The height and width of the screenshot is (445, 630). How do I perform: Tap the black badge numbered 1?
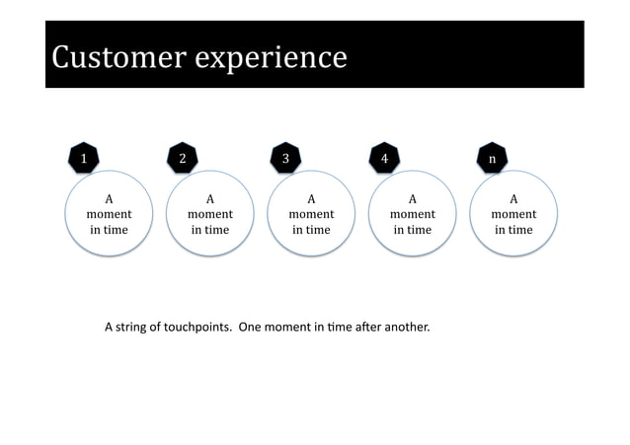(84, 158)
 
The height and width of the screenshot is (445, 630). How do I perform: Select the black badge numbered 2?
(183, 158)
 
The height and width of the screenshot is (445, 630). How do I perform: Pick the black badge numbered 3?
(285, 158)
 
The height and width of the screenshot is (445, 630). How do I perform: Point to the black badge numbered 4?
(385, 158)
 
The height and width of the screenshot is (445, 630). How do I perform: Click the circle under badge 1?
(109, 214)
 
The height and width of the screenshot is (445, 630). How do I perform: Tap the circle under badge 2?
(210, 214)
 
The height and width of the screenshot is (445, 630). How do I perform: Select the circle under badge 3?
(311, 214)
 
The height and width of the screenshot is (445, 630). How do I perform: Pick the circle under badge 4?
(413, 214)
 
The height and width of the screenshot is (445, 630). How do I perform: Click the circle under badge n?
(513, 214)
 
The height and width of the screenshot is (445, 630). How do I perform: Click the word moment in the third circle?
(311, 214)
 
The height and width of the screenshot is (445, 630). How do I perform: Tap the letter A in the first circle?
(109, 198)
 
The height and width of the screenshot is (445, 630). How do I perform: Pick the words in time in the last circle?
(513, 230)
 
